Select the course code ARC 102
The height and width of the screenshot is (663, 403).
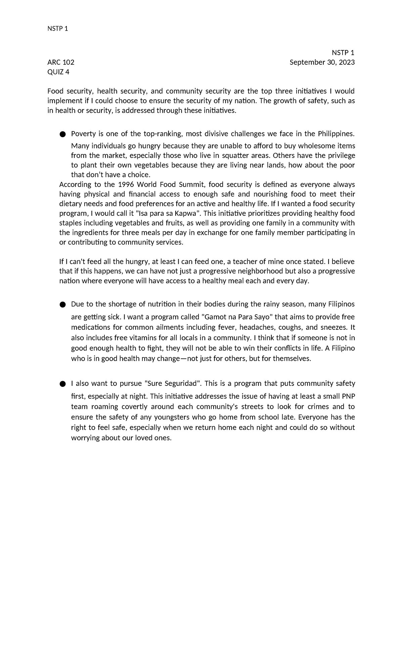[x=61, y=62]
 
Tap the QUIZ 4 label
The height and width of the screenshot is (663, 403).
[x=58, y=72]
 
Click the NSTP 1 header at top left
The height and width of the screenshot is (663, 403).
[x=58, y=29]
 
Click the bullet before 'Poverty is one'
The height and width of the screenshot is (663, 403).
[x=62, y=135]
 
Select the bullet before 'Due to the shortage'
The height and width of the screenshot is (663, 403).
[x=62, y=305]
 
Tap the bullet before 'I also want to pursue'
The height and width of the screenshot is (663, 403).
[x=62, y=384]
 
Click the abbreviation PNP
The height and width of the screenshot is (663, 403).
[x=348, y=396]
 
